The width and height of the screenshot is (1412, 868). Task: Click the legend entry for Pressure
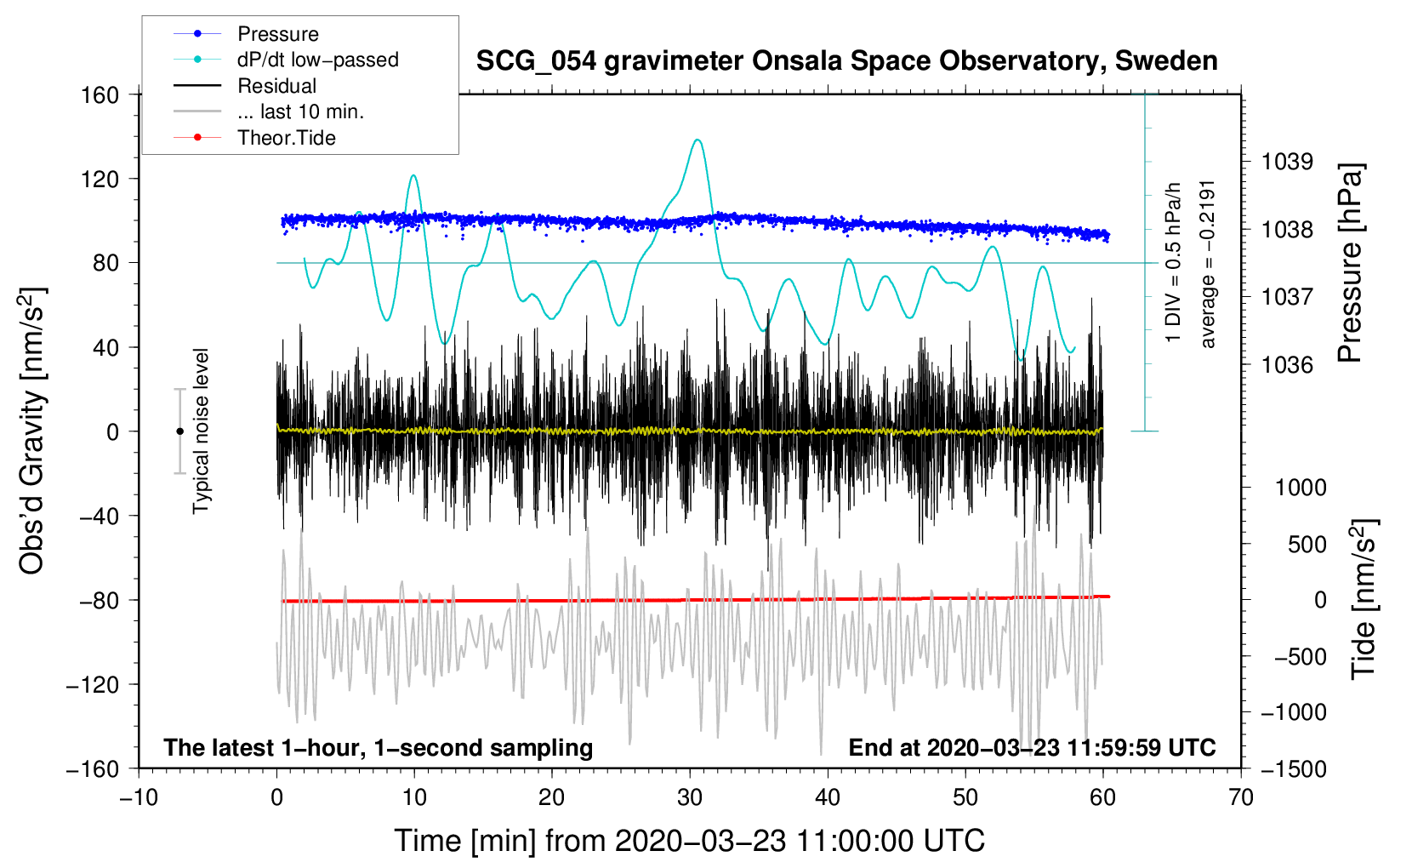247,33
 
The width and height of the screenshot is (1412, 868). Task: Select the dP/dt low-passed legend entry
286,60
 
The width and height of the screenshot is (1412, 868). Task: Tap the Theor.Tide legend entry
254,138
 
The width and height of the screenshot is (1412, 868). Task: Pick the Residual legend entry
245,86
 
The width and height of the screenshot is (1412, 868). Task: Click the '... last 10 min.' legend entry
269,111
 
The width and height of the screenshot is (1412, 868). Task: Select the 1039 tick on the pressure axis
1287,163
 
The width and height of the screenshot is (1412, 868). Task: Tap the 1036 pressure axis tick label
1287,364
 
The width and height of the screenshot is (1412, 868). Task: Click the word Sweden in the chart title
1166,61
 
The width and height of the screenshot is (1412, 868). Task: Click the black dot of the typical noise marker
179,431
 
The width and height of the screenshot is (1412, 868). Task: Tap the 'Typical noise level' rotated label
201,431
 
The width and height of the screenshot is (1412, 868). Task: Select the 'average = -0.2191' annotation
1206,265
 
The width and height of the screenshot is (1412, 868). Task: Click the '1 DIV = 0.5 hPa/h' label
1172,263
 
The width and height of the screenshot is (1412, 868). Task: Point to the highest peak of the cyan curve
697,140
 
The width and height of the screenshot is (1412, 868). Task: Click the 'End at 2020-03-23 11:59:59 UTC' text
1032,747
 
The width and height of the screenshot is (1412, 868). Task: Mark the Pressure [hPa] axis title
1350,264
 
